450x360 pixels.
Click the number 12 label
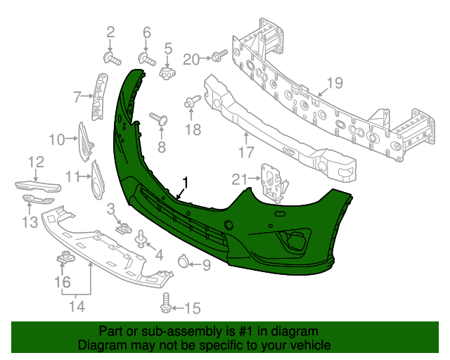tap(36, 162)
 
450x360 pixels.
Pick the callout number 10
tap(56, 139)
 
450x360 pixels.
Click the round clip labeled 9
tap(182, 264)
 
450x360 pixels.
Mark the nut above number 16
tap(64, 259)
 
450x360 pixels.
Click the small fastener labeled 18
tap(191, 103)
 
